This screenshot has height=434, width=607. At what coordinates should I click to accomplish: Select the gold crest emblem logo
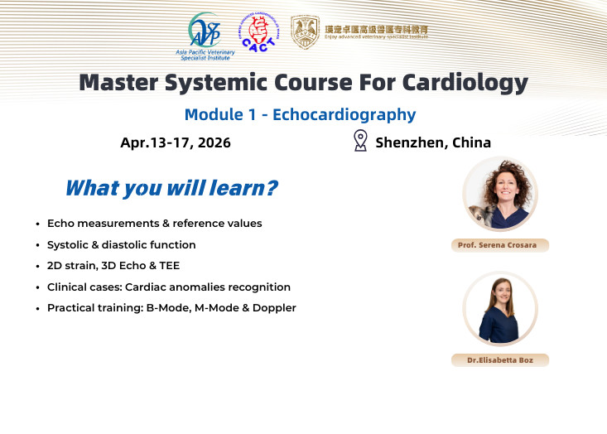(x=305, y=31)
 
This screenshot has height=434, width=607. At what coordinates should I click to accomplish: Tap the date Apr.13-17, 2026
(x=176, y=142)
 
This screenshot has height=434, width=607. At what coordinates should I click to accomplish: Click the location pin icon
(x=360, y=141)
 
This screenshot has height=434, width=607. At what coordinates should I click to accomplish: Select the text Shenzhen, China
(x=433, y=142)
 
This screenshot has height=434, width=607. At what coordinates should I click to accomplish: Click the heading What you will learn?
(x=171, y=188)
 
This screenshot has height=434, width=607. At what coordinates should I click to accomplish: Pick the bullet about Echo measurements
(x=154, y=224)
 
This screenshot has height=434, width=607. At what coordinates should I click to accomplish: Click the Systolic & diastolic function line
(x=122, y=245)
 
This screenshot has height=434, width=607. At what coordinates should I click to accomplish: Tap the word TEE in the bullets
(x=168, y=266)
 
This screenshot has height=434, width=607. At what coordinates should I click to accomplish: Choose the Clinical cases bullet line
(x=169, y=287)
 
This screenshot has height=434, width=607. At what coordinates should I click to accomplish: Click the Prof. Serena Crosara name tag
(x=500, y=245)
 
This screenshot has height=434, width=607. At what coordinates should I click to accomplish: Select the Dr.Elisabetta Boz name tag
(x=500, y=360)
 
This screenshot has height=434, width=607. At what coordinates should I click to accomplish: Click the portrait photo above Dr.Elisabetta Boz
(x=500, y=309)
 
